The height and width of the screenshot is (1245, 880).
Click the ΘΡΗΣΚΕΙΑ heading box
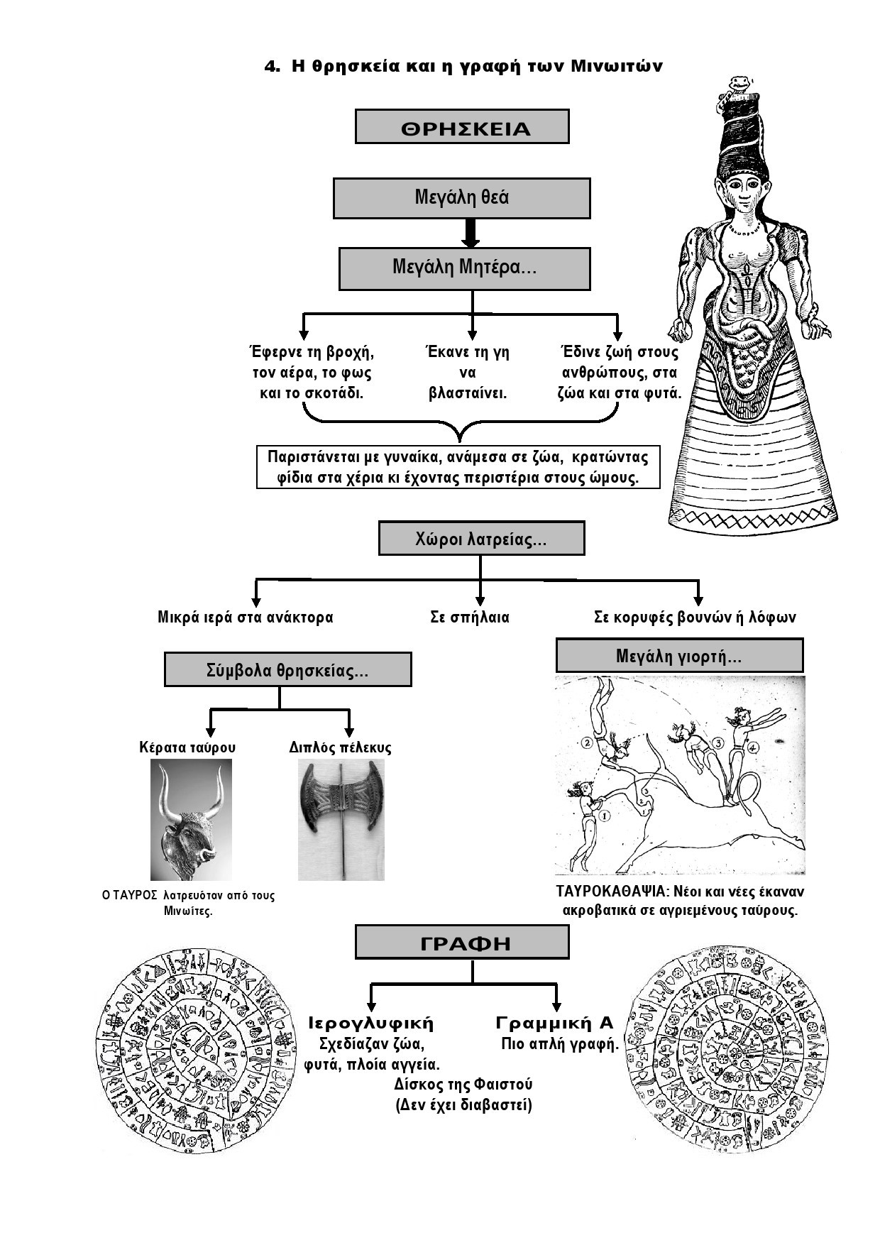pos(462,126)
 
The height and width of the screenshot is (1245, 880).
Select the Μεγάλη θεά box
pos(462,198)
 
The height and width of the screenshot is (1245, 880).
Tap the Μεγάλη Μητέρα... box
pos(465,268)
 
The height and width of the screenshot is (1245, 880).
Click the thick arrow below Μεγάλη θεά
pos(471,233)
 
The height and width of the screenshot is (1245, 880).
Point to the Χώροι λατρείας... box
pos(482,539)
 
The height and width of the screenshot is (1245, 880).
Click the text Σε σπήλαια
pos(470,617)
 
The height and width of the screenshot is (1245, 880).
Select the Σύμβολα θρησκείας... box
pos(287,669)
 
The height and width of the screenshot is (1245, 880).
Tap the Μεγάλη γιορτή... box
pos(679,655)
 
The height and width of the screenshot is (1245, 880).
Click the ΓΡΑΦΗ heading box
pos(462,943)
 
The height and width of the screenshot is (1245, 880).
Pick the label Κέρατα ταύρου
pos(188,747)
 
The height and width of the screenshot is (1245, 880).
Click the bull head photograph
pos(191,820)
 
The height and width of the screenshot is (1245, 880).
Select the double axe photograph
pos(341,820)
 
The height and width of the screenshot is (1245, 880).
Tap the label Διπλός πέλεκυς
pos(341,747)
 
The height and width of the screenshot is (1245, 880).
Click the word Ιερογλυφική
pos(372,1024)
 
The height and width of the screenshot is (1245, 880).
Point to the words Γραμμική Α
pos(555,1023)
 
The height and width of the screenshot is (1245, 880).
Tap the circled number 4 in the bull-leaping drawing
pos(753,747)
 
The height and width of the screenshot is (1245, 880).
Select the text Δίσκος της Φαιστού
pos(463,1085)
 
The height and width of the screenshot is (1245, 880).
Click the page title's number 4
pos(270,67)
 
